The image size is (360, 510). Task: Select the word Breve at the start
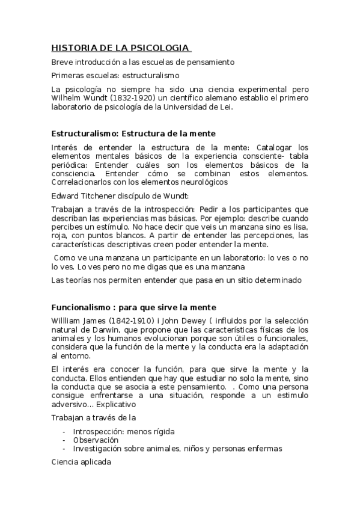pyautogui.click(x=62, y=62)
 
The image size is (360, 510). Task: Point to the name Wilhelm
pyautogui.click(x=66, y=99)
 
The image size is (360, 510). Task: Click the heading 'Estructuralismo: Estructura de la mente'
pyautogui.click(x=133, y=133)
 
